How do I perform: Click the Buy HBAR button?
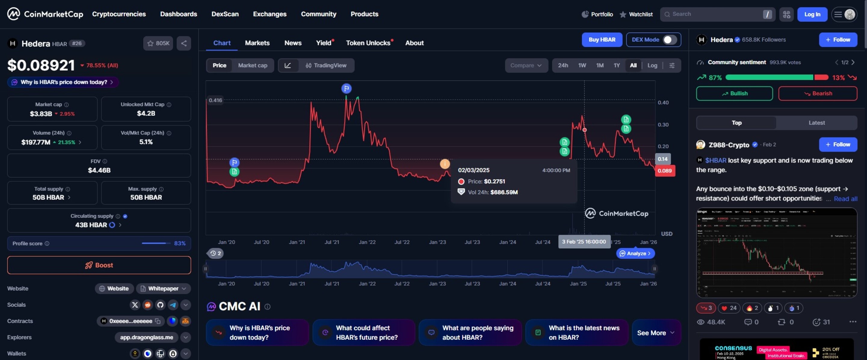tap(601, 40)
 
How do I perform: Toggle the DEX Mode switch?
tap(669, 40)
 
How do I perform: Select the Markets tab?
tap(257, 43)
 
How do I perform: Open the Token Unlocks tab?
tap(368, 43)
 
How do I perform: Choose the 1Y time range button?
tap(616, 65)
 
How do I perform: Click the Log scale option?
tap(652, 65)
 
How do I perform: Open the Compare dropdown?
tap(526, 65)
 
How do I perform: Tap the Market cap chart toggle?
tap(252, 65)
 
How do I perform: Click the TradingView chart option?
tap(326, 65)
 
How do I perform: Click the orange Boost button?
tap(99, 265)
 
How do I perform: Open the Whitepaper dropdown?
tap(163, 288)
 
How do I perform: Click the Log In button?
tap(812, 14)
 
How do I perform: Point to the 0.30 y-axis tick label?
tap(663, 125)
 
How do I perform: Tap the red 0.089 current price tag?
tap(664, 171)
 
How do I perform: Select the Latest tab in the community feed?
tap(816, 123)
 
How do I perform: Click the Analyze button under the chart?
tap(635, 253)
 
